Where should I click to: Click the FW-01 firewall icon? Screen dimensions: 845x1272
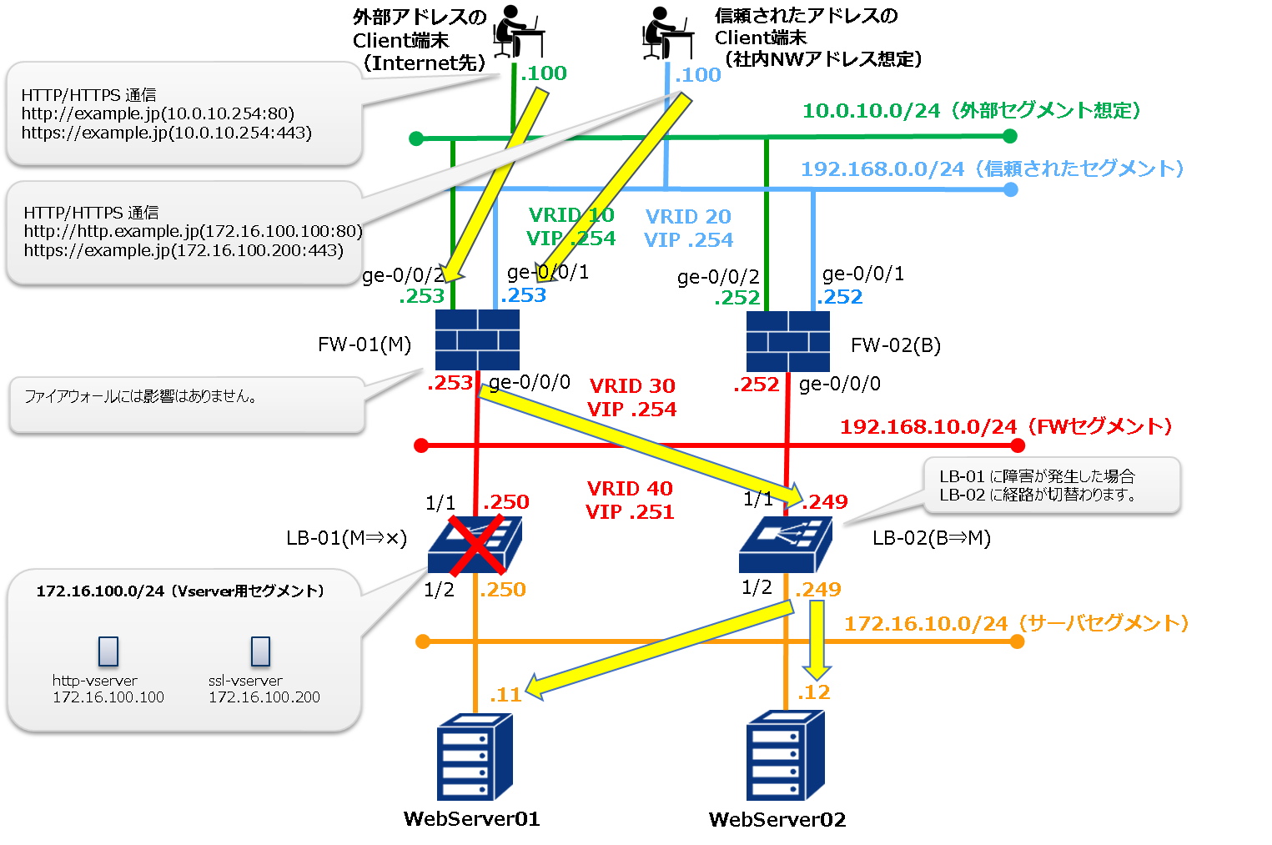[477, 340]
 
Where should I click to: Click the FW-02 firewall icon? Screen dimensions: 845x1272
[787, 341]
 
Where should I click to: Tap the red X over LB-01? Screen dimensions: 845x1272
[476, 546]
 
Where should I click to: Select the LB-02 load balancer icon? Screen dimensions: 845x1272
[786, 544]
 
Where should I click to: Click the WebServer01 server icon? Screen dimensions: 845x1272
[475, 757]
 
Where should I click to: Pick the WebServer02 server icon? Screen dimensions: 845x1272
[786, 755]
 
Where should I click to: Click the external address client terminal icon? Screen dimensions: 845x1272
[517, 32]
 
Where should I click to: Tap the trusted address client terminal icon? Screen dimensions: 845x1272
[666, 33]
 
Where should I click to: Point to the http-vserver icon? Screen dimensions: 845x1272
[108, 651]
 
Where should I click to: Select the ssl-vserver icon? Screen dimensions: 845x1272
[260, 651]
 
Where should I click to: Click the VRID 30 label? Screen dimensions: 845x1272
[632, 386]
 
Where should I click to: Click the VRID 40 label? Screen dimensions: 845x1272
[630, 489]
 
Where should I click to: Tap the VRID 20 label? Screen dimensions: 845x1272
[688, 217]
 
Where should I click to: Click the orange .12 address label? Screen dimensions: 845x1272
[813, 692]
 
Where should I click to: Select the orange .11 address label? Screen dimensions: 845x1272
[505, 694]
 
